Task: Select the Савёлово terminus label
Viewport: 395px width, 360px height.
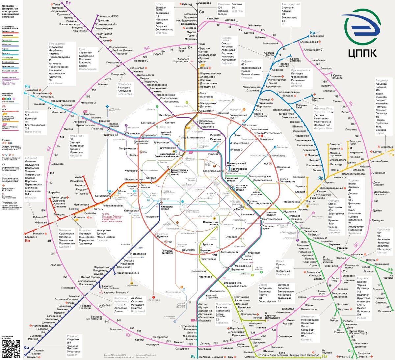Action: pos(205,3)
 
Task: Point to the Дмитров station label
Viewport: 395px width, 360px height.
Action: pos(191,28)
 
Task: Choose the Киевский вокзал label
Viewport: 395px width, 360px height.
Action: pos(167,208)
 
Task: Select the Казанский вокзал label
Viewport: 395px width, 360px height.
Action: pos(231,180)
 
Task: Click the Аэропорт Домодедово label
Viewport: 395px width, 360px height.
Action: pos(273,317)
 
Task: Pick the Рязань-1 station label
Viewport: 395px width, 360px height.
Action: pos(364,357)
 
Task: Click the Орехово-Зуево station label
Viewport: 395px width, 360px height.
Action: pos(379,161)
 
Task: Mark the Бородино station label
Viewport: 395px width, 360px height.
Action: pos(31,237)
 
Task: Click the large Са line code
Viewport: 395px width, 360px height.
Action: pos(201,12)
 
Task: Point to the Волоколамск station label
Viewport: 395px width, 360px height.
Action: pos(41,94)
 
